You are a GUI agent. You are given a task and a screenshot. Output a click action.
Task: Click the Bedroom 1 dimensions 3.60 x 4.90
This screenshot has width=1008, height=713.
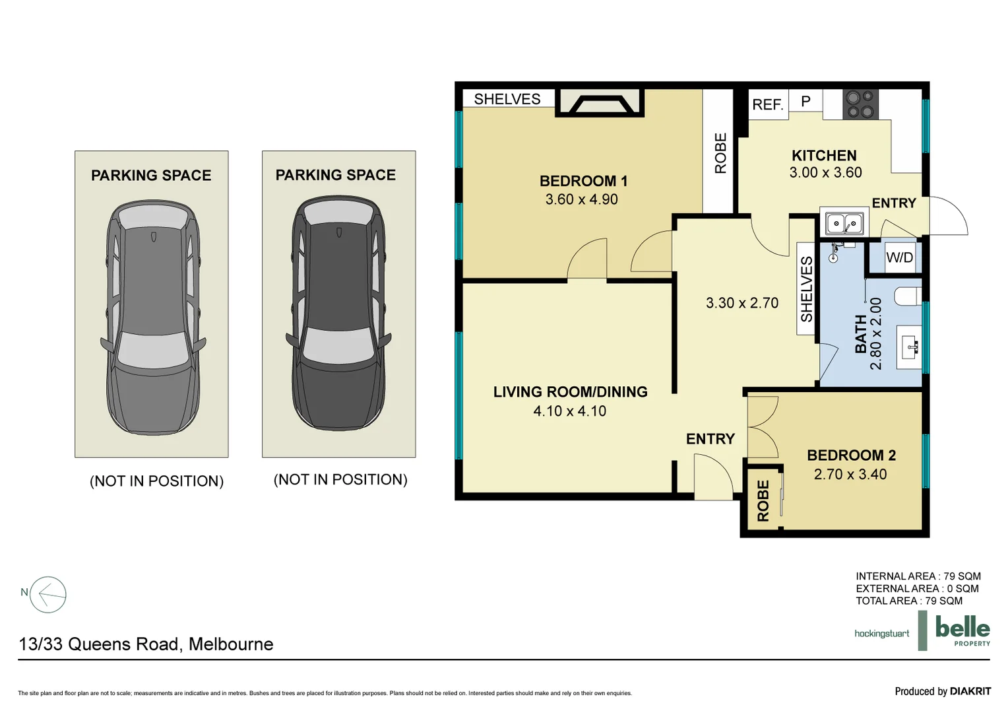(x=581, y=199)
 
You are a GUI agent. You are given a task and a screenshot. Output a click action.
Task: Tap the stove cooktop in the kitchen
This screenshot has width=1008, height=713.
(x=860, y=104)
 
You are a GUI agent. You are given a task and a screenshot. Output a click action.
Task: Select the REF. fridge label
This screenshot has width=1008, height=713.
(x=767, y=104)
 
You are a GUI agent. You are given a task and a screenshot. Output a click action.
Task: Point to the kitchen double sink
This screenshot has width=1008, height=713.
(x=844, y=224)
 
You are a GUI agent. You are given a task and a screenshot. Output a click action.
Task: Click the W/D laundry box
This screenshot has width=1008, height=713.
(x=899, y=257)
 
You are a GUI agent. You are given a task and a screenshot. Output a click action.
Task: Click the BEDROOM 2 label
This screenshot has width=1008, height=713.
(x=851, y=456)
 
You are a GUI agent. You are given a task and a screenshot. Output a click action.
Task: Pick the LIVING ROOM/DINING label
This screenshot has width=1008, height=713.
(x=570, y=392)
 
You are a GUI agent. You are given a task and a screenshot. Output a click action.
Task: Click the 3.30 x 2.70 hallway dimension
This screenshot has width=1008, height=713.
(x=742, y=303)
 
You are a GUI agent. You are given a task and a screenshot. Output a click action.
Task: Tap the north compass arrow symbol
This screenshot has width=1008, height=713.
(x=48, y=595)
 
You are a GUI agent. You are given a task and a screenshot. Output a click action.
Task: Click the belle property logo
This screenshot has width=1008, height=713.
(x=962, y=630)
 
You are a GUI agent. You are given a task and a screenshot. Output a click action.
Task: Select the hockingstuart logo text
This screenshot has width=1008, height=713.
(x=881, y=634)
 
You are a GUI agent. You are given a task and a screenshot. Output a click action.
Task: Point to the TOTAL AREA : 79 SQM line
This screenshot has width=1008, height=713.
(x=908, y=601)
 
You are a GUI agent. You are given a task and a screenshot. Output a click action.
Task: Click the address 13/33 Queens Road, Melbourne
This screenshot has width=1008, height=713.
(x=146, y=644)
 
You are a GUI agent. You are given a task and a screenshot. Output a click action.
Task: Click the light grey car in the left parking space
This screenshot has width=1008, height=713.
(x=153, y=317)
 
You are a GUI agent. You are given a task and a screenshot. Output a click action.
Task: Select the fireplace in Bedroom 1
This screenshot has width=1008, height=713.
(x=600, y=103)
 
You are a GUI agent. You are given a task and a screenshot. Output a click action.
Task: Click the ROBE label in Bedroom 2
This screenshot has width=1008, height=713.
(x=763, y=501)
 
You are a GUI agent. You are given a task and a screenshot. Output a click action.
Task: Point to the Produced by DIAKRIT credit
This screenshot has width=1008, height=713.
(x=942, y=691)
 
